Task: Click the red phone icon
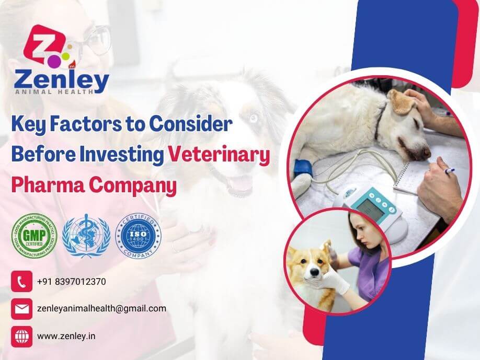pyautogui.click(x=21, y=282)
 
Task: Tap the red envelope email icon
pyautogui.click(x=21, y=309)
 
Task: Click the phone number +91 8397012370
pyautogui.click(x=72, y=282)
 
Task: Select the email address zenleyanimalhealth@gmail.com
pyautogui.click(x=102, y=308)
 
